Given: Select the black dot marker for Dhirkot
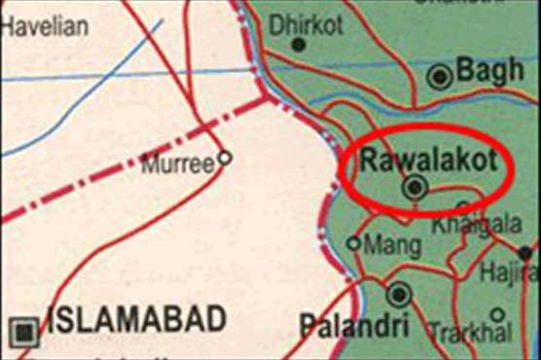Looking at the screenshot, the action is coord(299,45).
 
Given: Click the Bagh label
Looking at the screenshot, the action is coord(490,70).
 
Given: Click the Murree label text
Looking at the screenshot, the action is coord(177,165).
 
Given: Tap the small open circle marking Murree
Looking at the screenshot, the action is coord(224,157).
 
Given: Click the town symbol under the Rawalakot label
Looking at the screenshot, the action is coord(416,187).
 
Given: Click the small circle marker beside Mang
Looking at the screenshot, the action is coord(353,243).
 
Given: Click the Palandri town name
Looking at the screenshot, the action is coord(343,326).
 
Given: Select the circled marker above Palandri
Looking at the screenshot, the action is coord(397,293).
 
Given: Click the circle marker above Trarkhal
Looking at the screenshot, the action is coord(497,314).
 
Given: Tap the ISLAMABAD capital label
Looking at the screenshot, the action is coord(137,318).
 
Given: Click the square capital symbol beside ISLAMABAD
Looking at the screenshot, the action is coord(26,331).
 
